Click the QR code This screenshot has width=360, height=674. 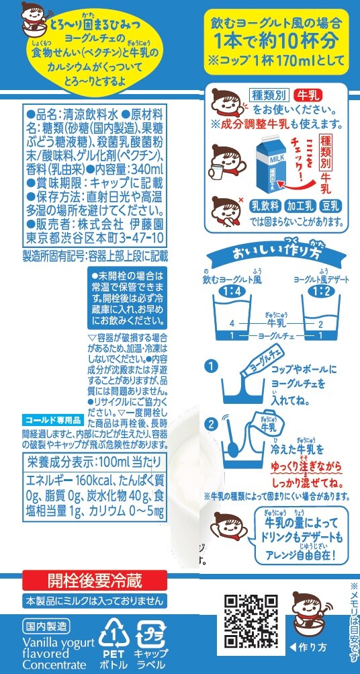(251, 621)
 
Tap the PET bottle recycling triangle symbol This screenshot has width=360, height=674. (114, 634)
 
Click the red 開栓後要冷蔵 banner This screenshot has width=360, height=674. (95, 581)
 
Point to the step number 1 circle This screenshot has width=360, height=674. (210, 366)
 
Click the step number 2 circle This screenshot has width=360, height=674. (210, 423)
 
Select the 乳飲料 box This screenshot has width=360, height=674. (265, 207)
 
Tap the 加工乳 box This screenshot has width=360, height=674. (301, 207)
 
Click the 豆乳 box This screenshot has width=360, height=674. (332, 207)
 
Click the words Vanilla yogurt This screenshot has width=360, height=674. (58, 643)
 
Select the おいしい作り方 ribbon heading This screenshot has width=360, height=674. (277, 255)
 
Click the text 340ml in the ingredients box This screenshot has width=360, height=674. (146, 169)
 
